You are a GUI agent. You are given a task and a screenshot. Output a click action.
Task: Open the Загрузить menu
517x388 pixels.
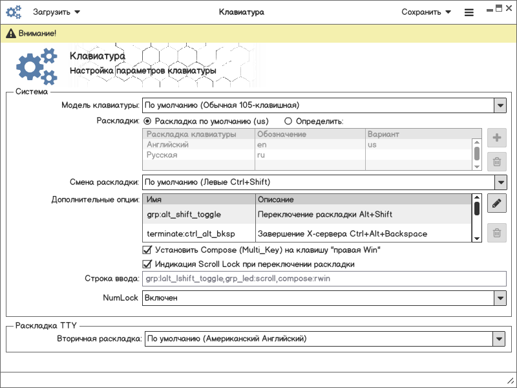pos(56,12)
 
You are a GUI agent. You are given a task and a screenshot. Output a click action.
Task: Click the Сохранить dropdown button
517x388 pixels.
pos(426,12)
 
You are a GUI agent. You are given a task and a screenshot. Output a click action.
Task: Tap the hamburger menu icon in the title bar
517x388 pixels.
pos(469,12)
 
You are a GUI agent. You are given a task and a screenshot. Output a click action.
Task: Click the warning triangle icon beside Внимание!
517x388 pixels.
pos(11,33)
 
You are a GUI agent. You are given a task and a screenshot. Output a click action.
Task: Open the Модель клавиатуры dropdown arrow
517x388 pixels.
pos(500,105)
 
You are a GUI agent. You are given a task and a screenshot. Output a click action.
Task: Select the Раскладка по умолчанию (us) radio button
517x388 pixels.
pos(147,121)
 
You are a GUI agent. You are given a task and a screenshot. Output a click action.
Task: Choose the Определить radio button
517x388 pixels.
pos(288,121)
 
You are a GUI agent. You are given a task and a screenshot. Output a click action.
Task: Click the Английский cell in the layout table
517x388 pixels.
pos(167,145)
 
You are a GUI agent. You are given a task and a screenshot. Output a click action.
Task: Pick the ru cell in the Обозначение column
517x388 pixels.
pos(262,155)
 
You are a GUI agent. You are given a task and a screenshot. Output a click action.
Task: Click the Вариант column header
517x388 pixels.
pos(383,135)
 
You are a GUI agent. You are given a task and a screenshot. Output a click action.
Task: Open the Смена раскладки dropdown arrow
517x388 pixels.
pos(500,182)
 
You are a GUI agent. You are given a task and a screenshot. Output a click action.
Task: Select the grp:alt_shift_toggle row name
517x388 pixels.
pos(184,214)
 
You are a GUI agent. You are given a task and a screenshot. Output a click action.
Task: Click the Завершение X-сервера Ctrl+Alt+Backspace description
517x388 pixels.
pos(342,233)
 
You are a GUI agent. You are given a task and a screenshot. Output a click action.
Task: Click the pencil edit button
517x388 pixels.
pos(496,204)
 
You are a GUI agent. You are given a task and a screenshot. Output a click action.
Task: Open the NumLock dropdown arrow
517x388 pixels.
pos(500,298)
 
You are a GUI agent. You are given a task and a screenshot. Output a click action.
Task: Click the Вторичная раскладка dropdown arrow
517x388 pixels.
pos(498,338)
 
